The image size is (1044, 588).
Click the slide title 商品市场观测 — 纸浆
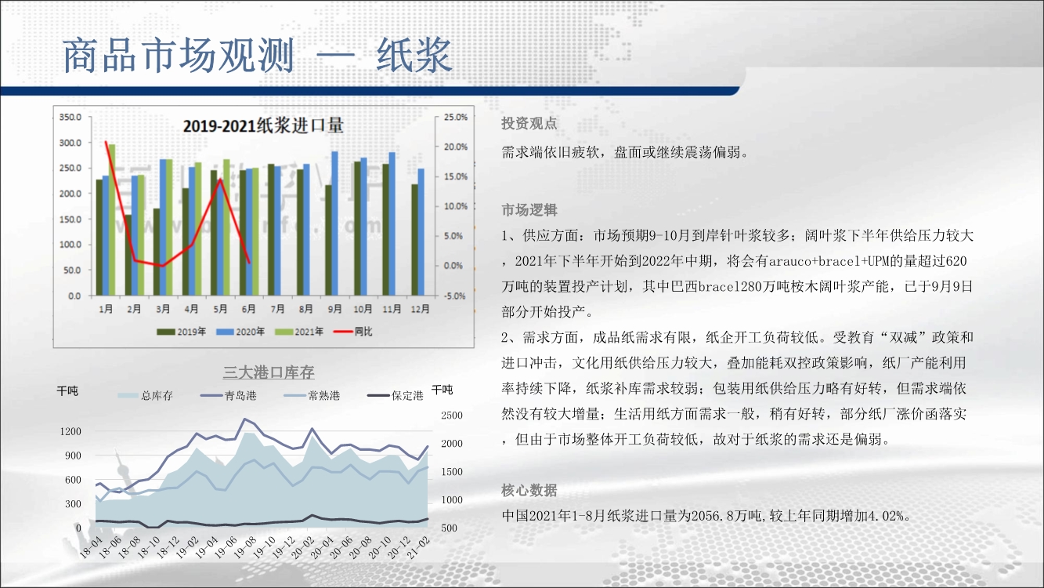point(257,56)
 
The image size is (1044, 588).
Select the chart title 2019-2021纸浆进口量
point(263,125)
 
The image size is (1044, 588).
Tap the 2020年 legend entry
point(240,332)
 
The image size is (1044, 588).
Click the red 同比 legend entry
point(352,332)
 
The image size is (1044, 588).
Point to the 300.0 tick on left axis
point(70,143)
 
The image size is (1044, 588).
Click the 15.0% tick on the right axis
point(455,176)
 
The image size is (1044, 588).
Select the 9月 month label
point(334,309)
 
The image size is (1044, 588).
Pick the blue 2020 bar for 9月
point(334,223)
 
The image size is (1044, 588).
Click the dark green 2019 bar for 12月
point(414,240)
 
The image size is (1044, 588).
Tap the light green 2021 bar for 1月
point(112,220)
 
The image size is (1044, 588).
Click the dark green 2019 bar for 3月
point(157,252)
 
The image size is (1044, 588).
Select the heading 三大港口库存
point(269,372)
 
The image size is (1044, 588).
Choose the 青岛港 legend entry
point(229,396)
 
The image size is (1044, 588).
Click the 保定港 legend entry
point(396,396)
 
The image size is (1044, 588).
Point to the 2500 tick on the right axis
point(452,416)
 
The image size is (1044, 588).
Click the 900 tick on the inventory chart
point(73,456)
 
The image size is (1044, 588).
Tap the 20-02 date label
point(302,547)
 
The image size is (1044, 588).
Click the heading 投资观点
point(529,123)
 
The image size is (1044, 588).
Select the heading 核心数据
point(529,490)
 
